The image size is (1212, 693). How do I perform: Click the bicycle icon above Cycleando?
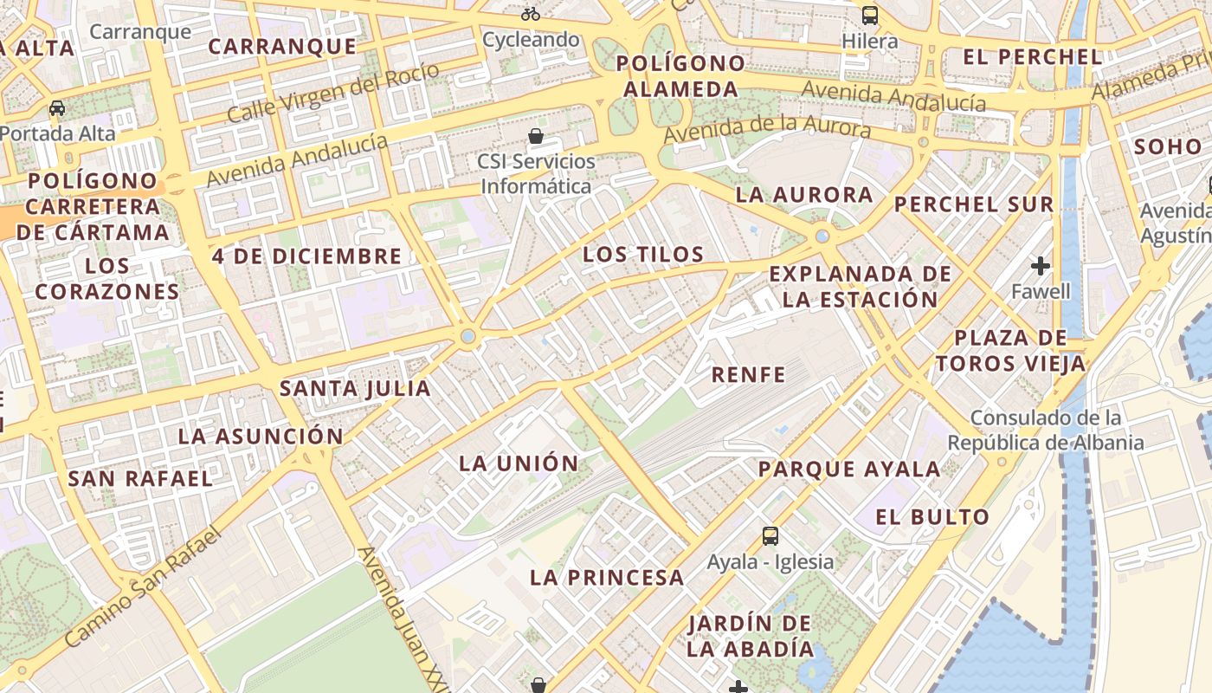[531, 14]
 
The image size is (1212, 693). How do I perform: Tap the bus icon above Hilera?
[869, 16]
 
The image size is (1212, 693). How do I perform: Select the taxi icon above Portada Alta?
[57, 108]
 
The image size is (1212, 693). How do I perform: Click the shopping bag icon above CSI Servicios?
[536, 136]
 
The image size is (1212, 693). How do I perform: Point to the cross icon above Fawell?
[1041, 265]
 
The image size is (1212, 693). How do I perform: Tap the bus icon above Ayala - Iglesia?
[770, 536]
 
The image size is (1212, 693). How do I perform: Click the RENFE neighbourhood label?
[748, 375]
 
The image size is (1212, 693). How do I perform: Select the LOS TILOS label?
[643, 254]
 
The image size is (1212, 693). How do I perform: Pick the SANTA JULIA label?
[355, 388]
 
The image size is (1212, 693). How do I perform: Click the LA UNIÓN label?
[519, 463]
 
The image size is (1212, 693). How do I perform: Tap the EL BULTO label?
[932, 517]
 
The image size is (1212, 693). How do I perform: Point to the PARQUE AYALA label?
[849, 470]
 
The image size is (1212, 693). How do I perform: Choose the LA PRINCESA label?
[607, 577]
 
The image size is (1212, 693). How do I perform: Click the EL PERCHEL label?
[1033, 57]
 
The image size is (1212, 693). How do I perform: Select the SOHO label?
[1167, 146]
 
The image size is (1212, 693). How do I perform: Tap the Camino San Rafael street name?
[144, 586]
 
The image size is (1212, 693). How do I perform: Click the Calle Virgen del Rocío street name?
[321, 95]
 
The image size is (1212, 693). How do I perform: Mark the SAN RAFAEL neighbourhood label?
[140, 478]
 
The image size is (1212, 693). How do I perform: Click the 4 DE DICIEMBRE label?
[307, 256]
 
